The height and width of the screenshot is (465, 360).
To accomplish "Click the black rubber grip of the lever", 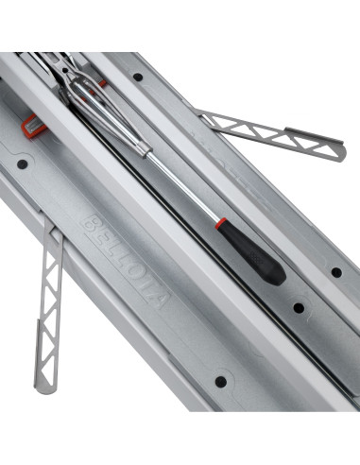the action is click(251, 252).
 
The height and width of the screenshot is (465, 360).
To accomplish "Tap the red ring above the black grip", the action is click(221, 223).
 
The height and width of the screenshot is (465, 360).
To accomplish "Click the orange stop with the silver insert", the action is click(33, 124).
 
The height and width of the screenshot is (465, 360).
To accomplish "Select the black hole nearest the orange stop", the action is click(22, 164).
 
